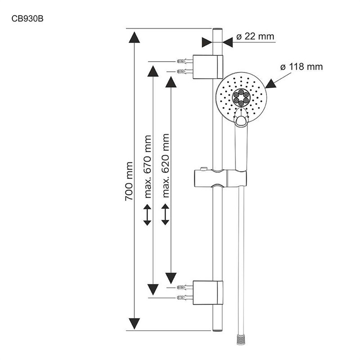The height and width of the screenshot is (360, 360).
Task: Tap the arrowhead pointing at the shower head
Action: pos(271,83)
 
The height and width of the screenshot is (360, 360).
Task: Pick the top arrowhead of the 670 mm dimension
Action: pos(152,71)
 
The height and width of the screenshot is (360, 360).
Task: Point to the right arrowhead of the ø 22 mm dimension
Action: pos(227,41)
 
